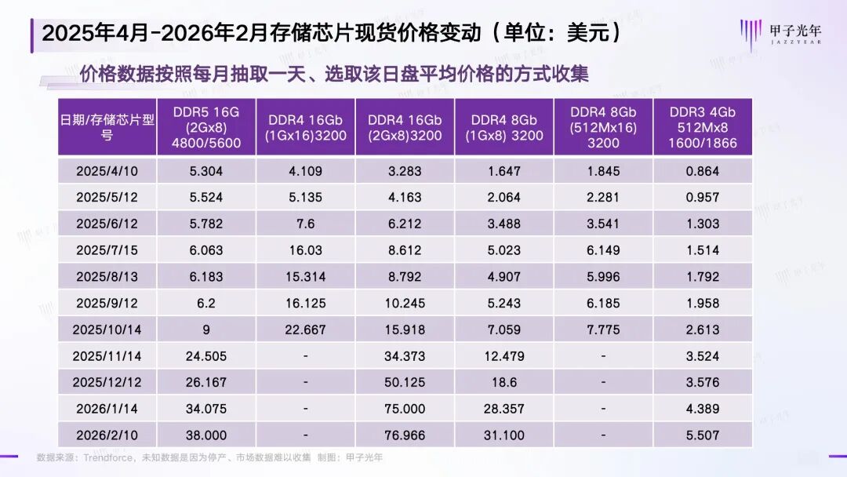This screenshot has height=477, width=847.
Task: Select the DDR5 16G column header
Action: pos(206,127)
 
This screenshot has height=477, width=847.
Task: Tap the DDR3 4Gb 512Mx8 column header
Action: pos(702,127)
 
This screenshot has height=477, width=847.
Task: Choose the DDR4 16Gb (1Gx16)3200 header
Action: pos(305,127)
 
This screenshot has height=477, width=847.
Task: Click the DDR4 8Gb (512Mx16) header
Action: pos(602,127)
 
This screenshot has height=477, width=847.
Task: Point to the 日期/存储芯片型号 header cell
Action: pos(107,127)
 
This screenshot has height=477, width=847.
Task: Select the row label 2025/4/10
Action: pos(107,170)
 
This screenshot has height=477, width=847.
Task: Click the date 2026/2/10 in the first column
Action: pos(107,435)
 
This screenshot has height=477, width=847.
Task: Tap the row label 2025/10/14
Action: pos(107,330)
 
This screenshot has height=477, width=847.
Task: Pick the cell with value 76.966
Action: pos(405,435)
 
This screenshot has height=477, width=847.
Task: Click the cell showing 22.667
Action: pos(305,330)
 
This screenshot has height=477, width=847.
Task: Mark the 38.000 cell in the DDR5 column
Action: pos(206,435)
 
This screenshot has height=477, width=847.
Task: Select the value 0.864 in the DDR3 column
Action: pos(702,170)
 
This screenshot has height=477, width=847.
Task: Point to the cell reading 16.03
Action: pos(305,250)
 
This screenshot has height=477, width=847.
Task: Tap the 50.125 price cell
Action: pos(405,382)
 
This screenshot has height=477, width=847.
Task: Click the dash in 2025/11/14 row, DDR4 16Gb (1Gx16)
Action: pos(305,356)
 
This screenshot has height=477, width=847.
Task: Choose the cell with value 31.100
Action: pos(503,435)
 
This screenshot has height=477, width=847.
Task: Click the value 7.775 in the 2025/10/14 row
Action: pos(602,330)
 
